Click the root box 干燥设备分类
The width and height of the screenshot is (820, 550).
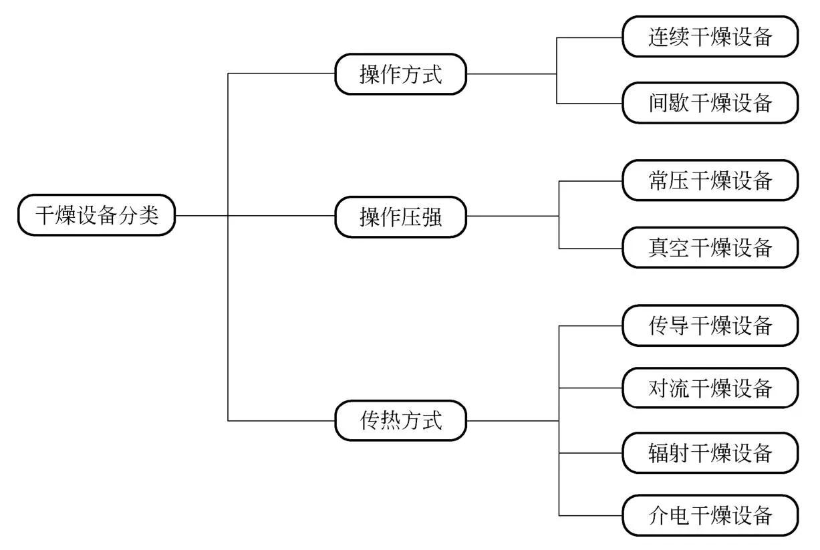[x=97, y=215]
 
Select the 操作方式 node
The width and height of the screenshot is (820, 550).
[x=400, y=74]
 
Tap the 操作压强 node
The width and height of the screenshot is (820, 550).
[x=400, y=217]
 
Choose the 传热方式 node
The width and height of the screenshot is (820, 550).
[x=400, y=420]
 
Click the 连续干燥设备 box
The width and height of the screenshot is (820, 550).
[x=710, y=37]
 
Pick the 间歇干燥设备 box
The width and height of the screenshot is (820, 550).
[x=710, y=103]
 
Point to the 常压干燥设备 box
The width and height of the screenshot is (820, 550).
[x=710, y=180]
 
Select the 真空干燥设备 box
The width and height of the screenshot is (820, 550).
[x=710, y=247]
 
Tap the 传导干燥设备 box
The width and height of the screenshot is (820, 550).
[x=710, y=325]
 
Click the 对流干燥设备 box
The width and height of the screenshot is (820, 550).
[x=710, y=387]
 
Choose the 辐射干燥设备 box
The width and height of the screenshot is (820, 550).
[x=710, y=453]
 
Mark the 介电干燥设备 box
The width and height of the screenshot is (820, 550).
[x=710, y=515]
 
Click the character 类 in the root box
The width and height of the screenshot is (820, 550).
[x=149, y=215]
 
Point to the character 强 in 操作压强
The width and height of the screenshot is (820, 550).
[x=432, y=217]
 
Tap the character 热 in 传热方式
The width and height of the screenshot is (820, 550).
[x=390, y=420]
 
